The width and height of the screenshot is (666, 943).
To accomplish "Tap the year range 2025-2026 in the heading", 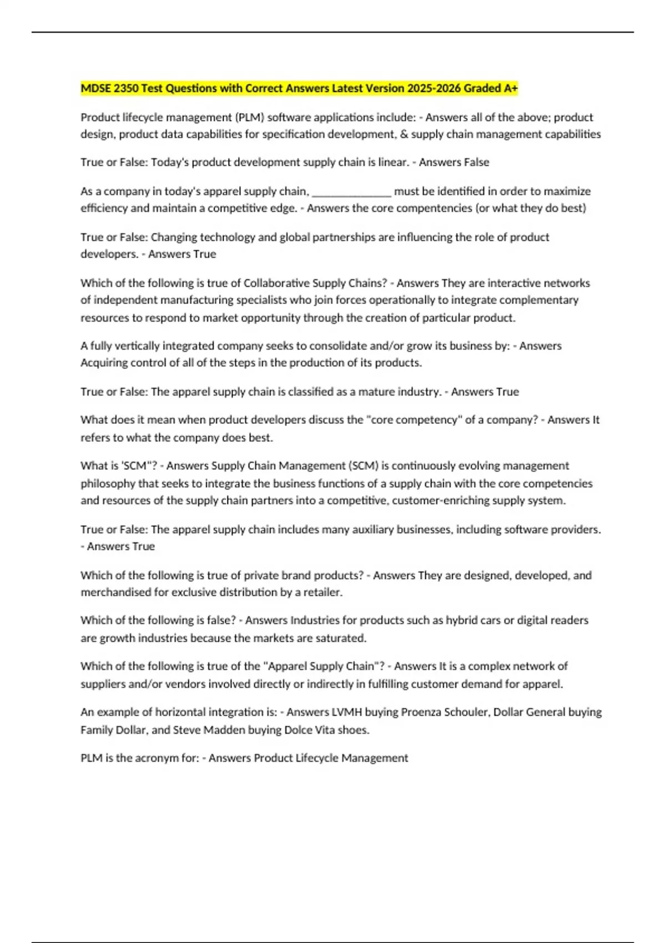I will pos(433,88).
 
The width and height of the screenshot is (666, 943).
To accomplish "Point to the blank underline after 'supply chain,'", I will pos(352,192).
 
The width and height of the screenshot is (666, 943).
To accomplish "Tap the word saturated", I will pos(341,638).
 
